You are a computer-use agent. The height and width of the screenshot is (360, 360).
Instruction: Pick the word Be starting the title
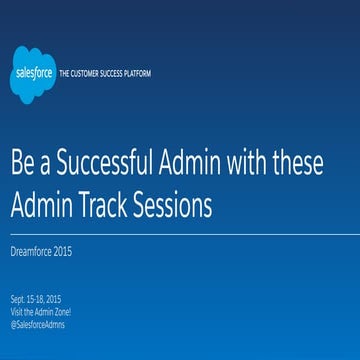point(24,165)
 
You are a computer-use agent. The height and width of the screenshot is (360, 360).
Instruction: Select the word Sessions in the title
point(177,206)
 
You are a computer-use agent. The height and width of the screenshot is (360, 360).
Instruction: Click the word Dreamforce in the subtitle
point(31,251)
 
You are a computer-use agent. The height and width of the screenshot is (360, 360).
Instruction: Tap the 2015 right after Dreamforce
point(62,251)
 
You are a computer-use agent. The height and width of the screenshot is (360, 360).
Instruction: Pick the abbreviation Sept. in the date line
point(19,298)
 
